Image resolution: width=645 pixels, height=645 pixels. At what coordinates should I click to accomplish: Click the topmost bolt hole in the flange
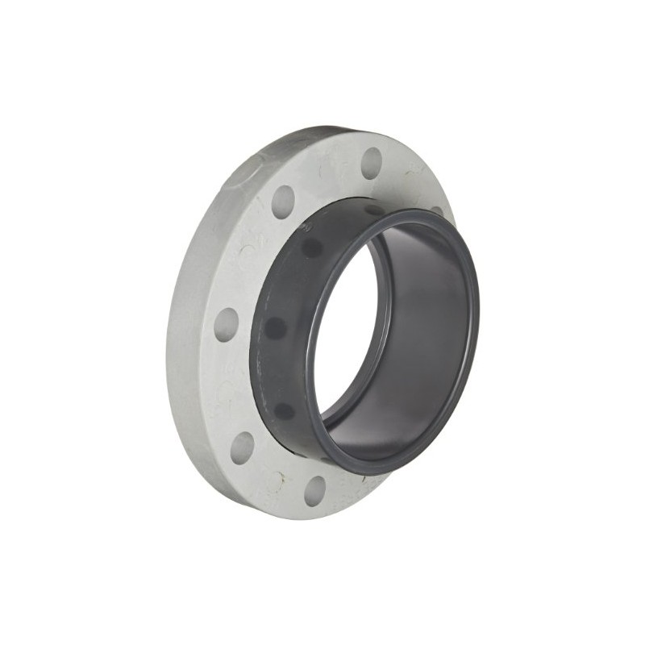point(371,162)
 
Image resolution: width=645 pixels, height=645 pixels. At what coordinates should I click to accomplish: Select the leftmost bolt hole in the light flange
point(227,323)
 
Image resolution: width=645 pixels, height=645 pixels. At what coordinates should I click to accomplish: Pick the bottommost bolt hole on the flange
point(315,490)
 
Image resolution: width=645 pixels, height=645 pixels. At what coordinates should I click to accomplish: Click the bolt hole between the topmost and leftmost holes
point(283,202)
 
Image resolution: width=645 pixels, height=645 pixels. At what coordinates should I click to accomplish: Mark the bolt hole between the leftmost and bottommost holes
point(243,447)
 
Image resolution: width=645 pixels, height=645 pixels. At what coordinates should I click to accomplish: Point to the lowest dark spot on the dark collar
point(284,410)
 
